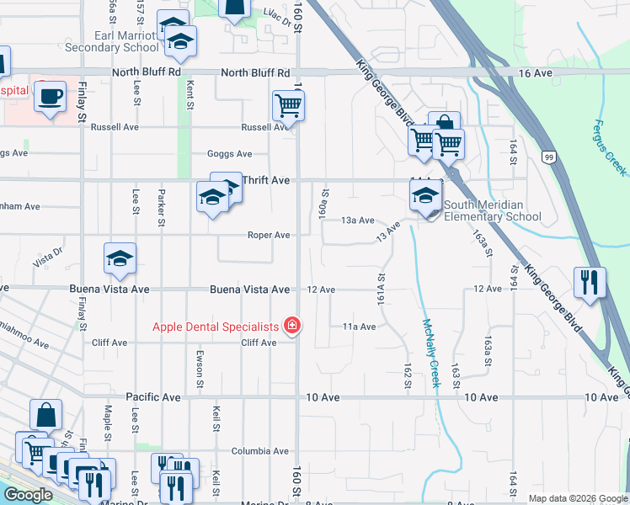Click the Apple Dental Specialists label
[216, 327]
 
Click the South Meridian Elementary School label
[493, 210]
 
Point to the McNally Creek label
[432, 351]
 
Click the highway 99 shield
[549, 157]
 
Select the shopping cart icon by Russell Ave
[288, 106]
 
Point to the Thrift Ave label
[266, 180]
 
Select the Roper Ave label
[270, 236]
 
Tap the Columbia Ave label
[260, 451]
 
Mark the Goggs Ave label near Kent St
[230, 154]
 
